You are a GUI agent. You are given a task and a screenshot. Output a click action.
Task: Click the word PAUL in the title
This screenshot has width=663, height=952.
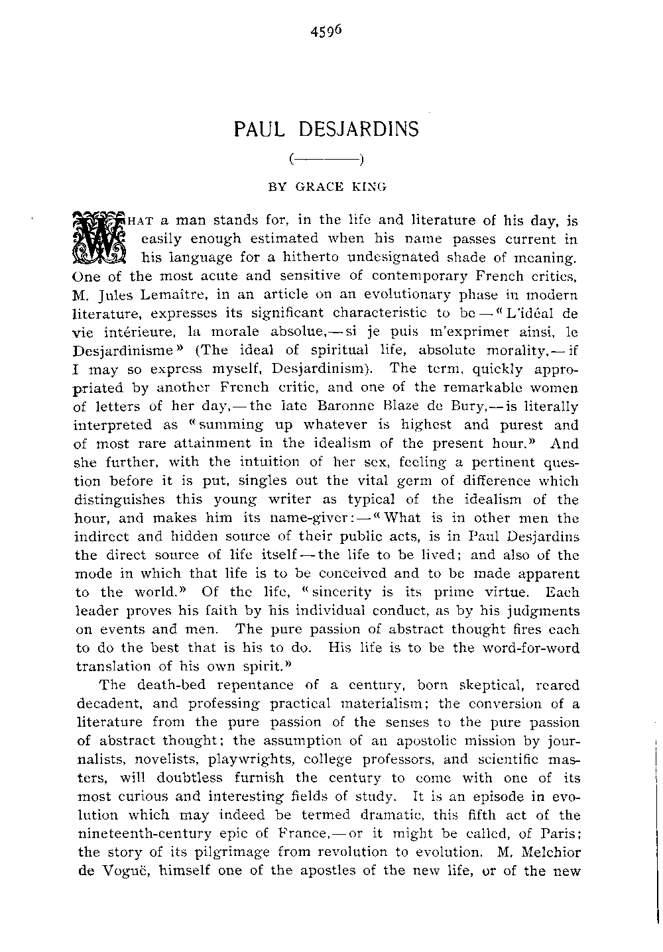coord(255,129)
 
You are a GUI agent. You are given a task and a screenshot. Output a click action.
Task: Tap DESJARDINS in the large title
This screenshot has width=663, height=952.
coord(359,129)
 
